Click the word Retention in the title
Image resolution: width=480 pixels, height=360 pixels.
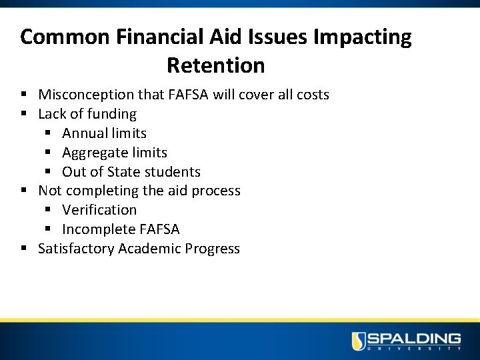click(x=215, y=65)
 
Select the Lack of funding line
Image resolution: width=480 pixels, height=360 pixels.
click(x=87, y=114)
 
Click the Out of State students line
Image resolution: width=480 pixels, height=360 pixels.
click(x=131, y=172)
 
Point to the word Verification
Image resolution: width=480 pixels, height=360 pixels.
click(x=99, y=210)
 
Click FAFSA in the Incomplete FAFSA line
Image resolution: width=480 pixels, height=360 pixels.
click(x=159, y=229)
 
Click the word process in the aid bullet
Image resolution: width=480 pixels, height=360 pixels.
click(x=216, y=191)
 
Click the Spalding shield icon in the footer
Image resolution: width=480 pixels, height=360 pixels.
click(x=359, y=341)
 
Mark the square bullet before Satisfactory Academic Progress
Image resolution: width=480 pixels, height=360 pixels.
click(x=25, y=249)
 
